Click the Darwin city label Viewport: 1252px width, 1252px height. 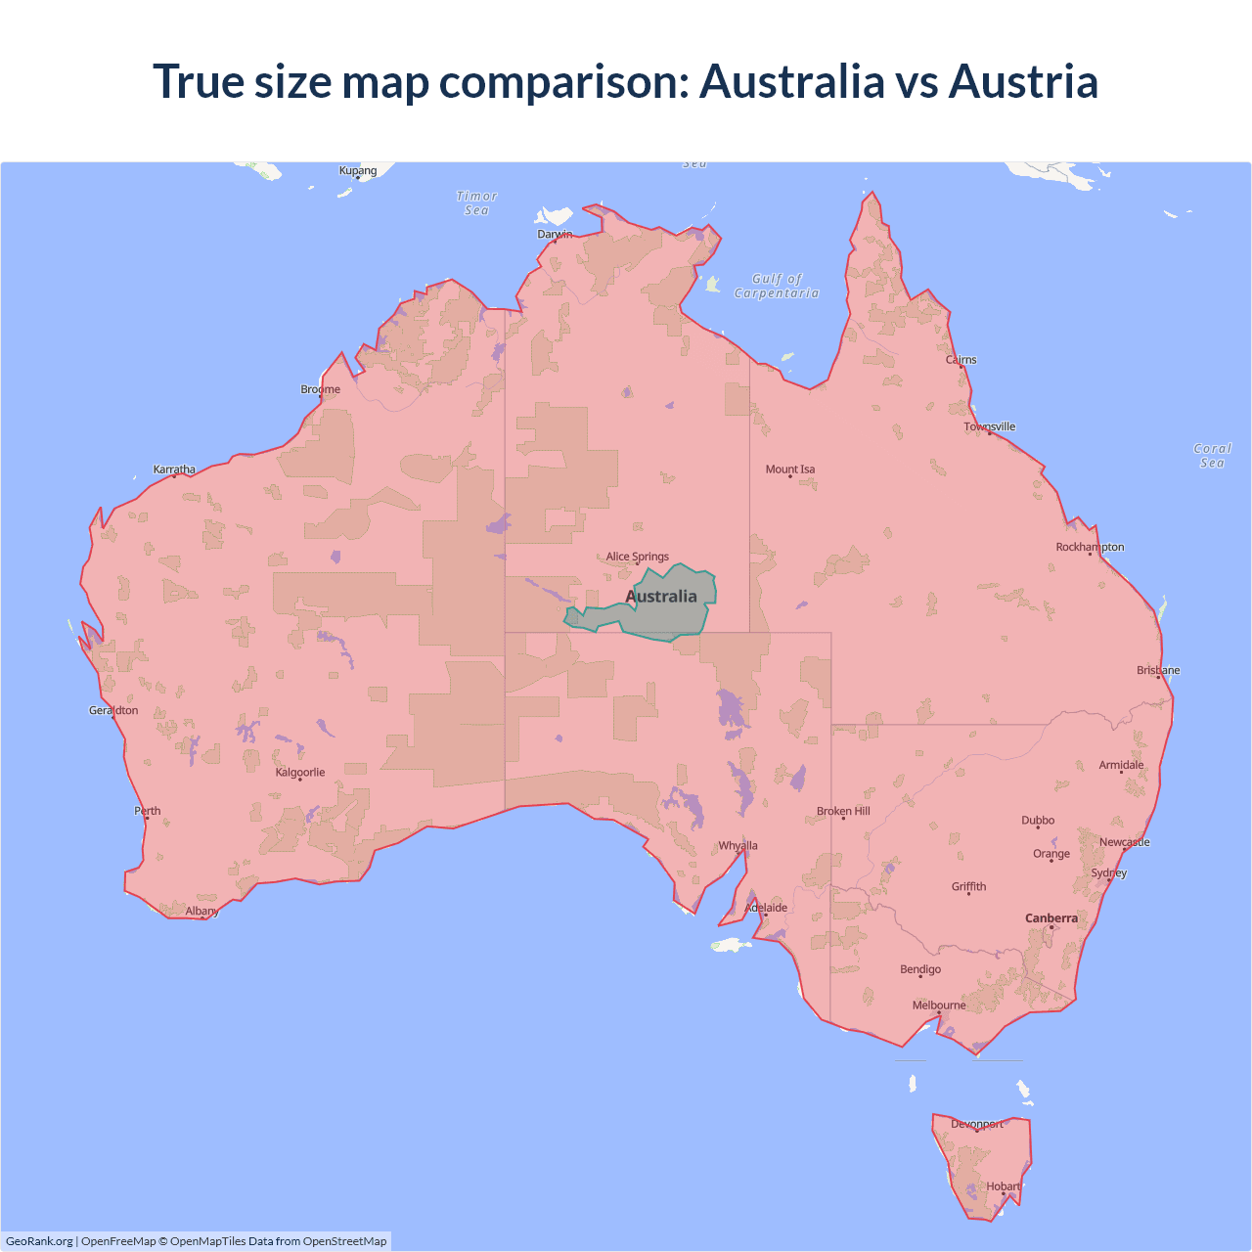(555, 235)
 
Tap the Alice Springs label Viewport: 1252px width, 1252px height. (637, 557)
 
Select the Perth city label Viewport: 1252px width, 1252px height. (148, 811)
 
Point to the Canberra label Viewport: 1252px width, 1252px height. (1051, 918)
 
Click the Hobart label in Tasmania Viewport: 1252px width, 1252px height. (1004, 1186)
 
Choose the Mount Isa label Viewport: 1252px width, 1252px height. (790, 469)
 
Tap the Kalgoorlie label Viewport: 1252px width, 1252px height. (300, 773)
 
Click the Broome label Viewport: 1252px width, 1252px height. (321, 389)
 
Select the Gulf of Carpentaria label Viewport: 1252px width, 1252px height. (777, 286)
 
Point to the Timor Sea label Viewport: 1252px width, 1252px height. (477, 202)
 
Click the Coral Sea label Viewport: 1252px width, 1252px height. (1213, 456)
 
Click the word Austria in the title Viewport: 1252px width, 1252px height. (1023, 81)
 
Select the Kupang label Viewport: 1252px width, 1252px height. (358, 171)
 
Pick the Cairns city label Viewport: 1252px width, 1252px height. (961, 360)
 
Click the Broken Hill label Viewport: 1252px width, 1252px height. (843, 812)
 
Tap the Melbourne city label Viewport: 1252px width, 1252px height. (939, 1006)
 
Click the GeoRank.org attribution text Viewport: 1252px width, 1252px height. (39, 1241)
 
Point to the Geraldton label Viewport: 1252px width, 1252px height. (113, 711)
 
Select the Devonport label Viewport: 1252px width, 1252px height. (977, 1125)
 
